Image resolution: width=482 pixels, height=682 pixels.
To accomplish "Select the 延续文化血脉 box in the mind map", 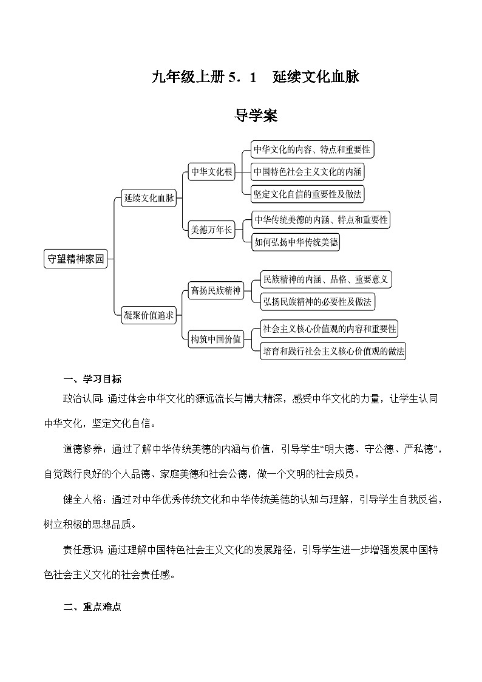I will click(x=149, y=198).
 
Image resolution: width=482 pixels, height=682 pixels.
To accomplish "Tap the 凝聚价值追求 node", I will click(x=149, y=315).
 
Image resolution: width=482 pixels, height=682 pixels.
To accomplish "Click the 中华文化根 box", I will click(x=211, y=172).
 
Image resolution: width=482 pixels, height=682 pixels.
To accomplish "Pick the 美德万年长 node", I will click(x=211, y=230).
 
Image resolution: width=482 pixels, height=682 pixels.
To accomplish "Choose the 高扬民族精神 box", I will click(x=216, y=290).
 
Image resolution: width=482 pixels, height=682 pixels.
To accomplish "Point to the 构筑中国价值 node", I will click(x=216, y=339).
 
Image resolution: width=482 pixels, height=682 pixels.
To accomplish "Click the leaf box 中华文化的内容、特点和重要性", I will click(x=312, y=149).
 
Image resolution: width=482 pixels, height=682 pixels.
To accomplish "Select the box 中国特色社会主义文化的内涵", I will click(x=308, y=172).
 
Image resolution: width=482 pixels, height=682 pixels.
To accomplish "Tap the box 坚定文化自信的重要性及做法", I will click(x=308, y=194).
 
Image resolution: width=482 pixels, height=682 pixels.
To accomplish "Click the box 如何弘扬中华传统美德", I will click(x=296, y=242).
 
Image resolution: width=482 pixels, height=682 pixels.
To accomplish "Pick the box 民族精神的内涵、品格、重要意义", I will click(x=325, y=279).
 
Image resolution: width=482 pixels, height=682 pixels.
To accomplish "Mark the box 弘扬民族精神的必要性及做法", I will click(x=317, y=301).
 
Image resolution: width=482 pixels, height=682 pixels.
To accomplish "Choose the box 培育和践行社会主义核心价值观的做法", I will click(x=333, y=351).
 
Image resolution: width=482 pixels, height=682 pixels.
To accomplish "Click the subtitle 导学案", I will click(x=256, y=116).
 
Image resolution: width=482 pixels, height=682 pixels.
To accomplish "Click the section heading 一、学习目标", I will click(x=92, y=380).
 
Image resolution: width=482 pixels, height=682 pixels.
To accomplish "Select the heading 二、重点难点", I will click(x=92, y=607).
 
